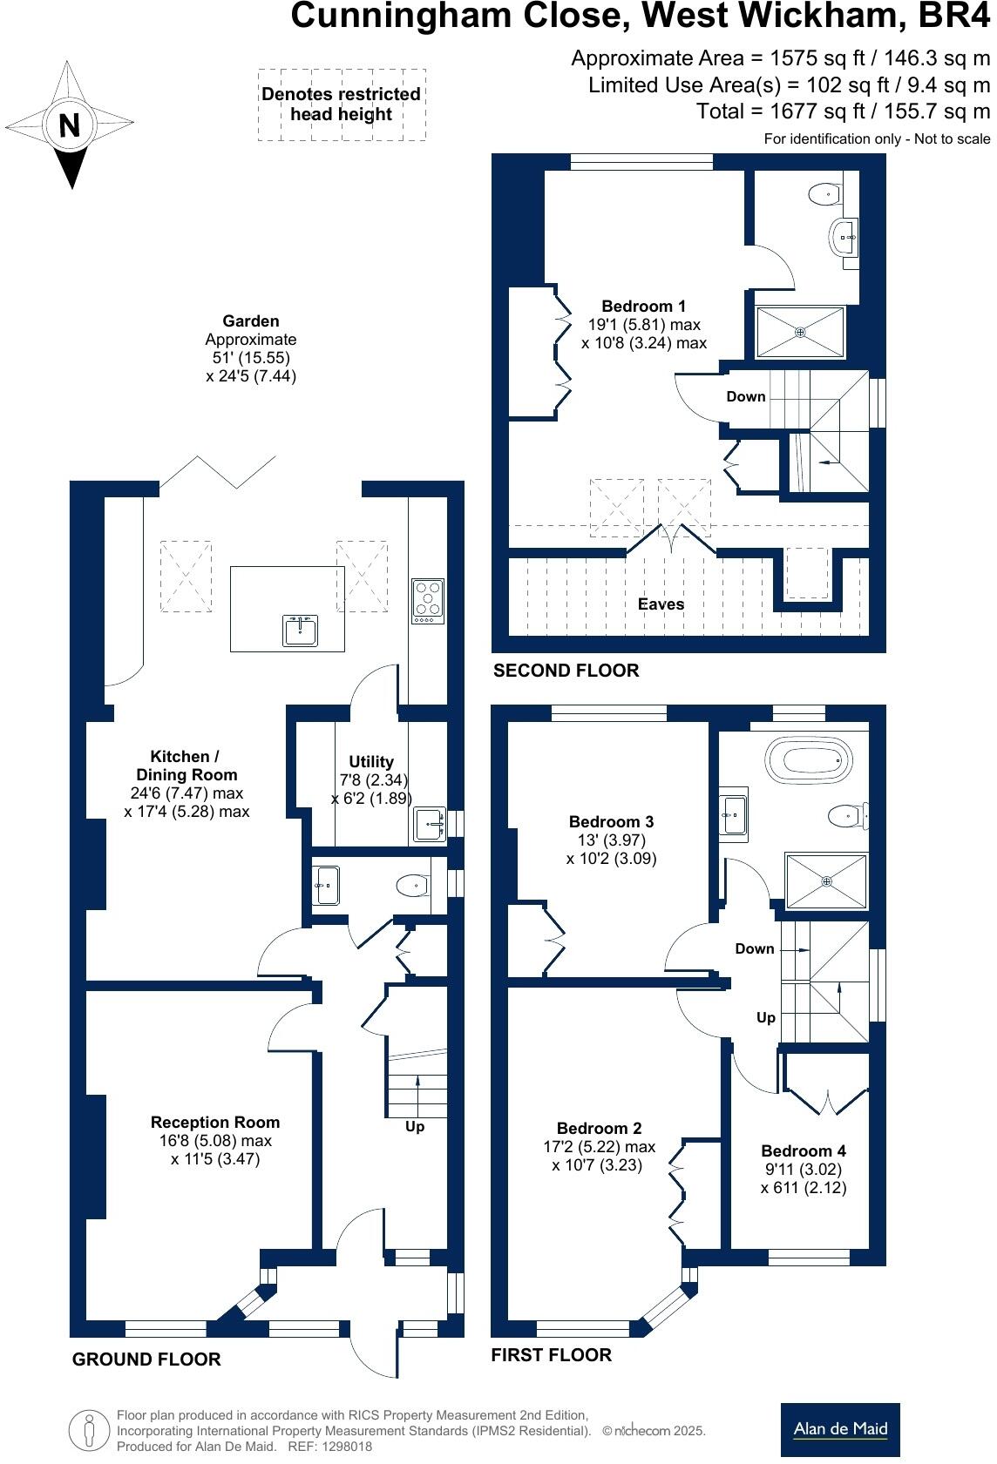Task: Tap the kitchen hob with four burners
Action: [428, 601]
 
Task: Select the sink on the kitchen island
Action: [301, 630]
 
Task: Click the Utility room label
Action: [371, 761]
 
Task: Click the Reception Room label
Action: [215, 1123]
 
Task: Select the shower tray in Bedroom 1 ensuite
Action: [800, 332]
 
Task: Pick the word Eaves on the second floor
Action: [661, 604]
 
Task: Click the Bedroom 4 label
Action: [803, 1151]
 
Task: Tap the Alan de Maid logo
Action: [840, 1429]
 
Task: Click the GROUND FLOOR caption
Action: [146, 1359]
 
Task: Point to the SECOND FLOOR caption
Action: [566, 671]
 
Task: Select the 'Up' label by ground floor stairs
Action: [415, 1127]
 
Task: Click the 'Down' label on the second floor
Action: [746, 396]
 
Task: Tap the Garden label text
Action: [250, 321]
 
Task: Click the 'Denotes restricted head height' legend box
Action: [341, 105]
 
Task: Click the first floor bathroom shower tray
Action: [826, 881]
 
